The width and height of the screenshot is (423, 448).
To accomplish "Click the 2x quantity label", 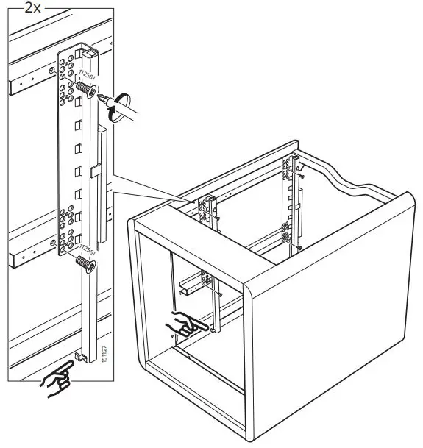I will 32,9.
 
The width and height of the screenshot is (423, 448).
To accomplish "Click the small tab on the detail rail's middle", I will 95,171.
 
